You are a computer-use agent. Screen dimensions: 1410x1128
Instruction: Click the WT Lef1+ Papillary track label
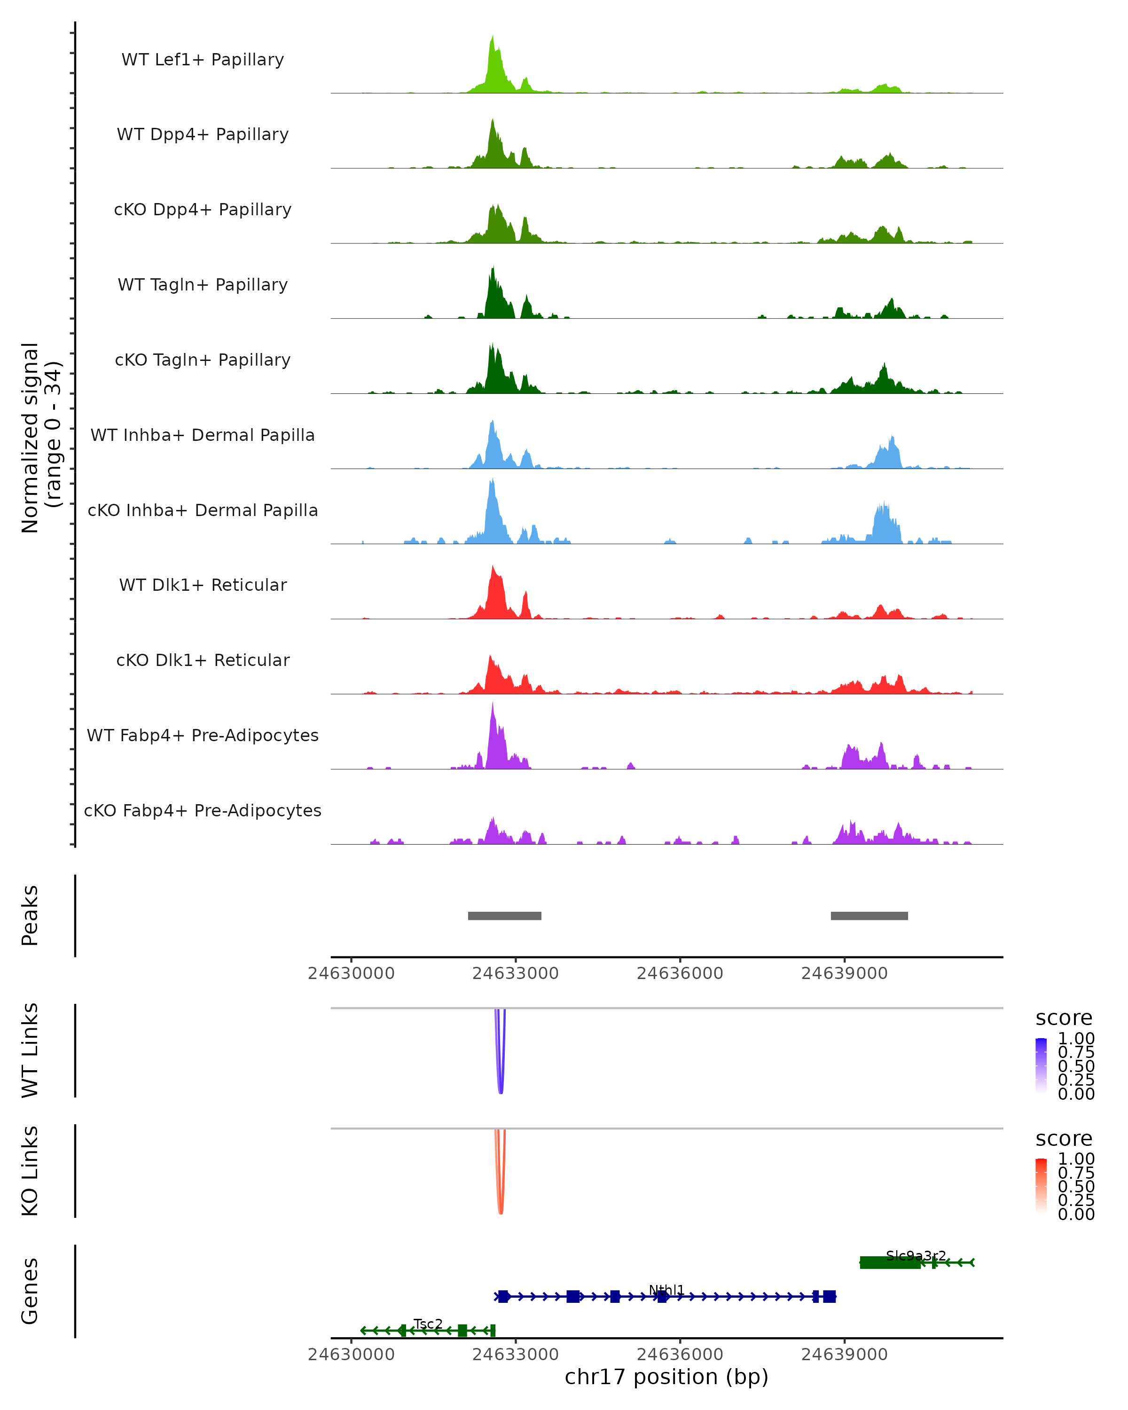[203, 60]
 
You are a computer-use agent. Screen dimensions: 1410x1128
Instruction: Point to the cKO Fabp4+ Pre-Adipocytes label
[203, 810]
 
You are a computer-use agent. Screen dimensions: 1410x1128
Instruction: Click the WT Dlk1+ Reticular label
[203, 585]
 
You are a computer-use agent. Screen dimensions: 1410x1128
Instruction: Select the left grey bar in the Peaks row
[504, 916]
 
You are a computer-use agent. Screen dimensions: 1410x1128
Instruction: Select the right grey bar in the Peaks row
[869, 916]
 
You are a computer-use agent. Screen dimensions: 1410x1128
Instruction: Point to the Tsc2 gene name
[428, 1324]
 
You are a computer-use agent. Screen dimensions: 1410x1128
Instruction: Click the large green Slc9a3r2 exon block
[889, 1263]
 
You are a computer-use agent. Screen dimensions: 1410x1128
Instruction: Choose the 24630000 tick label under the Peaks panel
[351, 973]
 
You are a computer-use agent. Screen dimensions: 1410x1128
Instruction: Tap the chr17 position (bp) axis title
[666, 1377]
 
